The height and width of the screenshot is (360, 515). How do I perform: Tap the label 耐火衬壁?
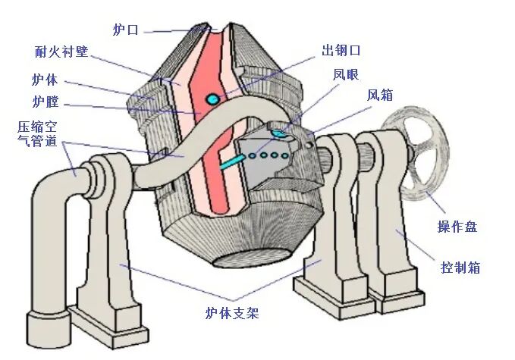pos(61,52)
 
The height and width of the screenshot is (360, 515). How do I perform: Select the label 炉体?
pos(47,79)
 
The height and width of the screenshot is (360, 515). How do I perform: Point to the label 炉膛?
pos(47,102)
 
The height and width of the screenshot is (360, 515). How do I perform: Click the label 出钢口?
pos(341,49)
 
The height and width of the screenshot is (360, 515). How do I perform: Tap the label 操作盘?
pos(457,226)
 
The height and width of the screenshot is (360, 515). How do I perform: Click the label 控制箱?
pos(460,267)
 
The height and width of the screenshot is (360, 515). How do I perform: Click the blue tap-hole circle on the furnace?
pos(214,98)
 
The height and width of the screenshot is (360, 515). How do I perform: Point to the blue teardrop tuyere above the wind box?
pos(279,133)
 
